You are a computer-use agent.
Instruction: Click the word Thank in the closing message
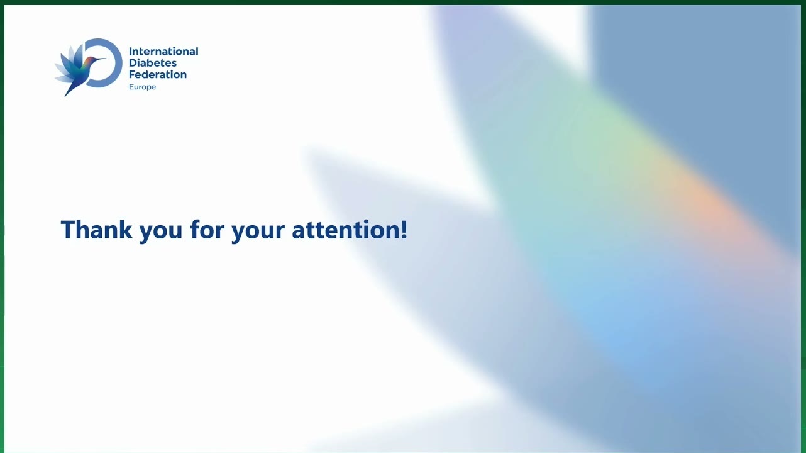(x=96, y=230)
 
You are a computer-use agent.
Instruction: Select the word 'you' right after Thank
(x=160, y=233)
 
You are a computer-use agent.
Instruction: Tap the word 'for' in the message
(x=207, y=229)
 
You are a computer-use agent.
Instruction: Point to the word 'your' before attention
(x=258, y=233)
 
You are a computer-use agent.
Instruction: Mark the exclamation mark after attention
(x=404, y=230)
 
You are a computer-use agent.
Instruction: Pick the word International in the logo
(x=163, y=51)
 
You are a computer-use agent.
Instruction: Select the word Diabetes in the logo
(x=153, y=63)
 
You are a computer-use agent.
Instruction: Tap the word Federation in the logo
(x=158, y=74)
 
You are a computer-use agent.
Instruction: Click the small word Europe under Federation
(x=142, y=87)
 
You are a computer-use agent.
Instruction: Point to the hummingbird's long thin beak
(x=100, y=59)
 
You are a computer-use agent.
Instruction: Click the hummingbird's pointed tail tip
(x=66, y=95)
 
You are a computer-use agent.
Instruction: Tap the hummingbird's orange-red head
(x=89, y=60)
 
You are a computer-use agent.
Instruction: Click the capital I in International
(x=130, y=51)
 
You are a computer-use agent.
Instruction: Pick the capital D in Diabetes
(x=133, y=63)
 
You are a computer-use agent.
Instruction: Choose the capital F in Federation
(x=132, y=74)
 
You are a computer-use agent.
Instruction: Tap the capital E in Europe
(x=131, y=87)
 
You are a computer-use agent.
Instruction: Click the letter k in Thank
(x=126, y=229)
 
